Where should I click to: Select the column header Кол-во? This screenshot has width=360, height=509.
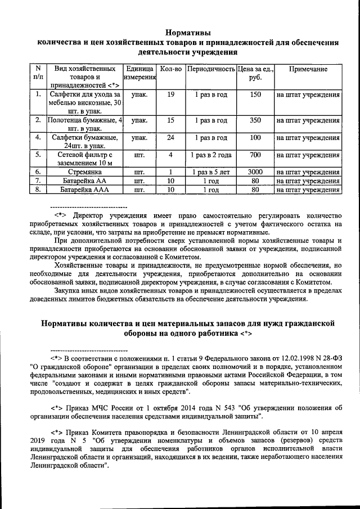[x=170, y=69]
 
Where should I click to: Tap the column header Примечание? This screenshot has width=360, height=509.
[x=308, y=69]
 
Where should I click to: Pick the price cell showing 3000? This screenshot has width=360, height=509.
[x=255, y=172]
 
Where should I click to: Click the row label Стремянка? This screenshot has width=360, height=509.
[x=84, y=172]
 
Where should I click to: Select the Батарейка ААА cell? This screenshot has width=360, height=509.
[x=84, y=190]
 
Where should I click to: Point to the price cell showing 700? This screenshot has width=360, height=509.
[x=255, y=154]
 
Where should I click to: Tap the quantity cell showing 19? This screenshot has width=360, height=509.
[x=170, y=94]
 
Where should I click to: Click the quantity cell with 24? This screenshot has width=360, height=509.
[x=170, y=137]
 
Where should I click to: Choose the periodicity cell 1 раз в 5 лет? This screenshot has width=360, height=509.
[x=210, y=172]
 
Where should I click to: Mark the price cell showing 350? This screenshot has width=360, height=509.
[x=255, y=120]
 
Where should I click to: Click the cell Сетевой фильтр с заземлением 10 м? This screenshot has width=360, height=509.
[x=84, y=158]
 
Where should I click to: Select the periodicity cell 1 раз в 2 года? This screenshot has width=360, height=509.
[x=210, y=154]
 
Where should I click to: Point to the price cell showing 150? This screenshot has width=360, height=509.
[x=255, y=94]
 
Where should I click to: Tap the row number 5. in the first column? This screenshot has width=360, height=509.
[x=38, y=154]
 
